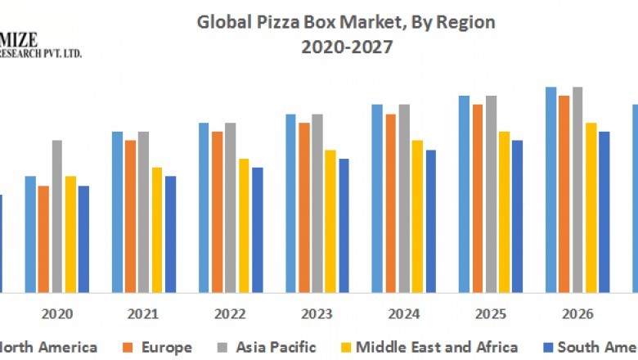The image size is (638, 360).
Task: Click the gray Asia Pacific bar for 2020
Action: click(x=56, y=216)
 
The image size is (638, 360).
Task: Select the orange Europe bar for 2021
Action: click(x=130, y=216)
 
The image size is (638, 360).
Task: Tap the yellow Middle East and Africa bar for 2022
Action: click(x=243, y=225)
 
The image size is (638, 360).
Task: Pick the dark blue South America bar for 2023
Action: click(x=344, y=225)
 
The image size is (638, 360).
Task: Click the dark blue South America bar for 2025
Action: click(x=517, y=216)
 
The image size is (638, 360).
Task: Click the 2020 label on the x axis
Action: click(x=56, y=313)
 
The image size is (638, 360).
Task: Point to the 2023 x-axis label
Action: click(x=317, y=313)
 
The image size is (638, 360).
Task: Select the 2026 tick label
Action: click(x=577, y=313)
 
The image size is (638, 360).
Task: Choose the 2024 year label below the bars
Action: click(x=403, y=313)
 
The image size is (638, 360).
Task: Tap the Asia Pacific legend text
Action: click(x=276, y=348)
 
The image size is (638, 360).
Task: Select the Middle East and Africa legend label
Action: click(x=437, y=348)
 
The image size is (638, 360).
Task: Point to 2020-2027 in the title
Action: click(x=346, y=47)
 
